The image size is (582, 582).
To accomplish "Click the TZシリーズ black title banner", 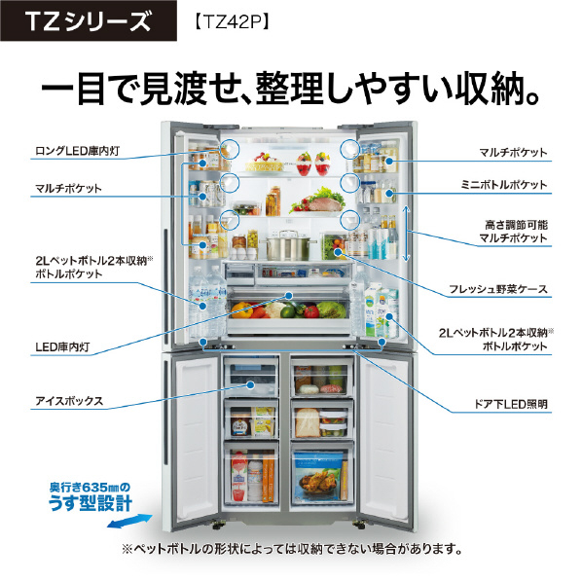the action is tap(89, 20).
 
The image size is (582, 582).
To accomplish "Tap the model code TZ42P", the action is tap(231, 22).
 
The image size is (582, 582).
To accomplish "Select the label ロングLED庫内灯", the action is tap(77, 151).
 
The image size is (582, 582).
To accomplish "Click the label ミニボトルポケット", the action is tap(504, 185).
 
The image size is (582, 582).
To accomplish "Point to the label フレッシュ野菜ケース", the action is tap(497, 289).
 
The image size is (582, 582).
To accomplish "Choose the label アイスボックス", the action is tap(69, 401).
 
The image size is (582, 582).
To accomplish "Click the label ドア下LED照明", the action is tap(511, 404).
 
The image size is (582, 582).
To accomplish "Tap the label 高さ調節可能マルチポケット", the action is tap(513, 232).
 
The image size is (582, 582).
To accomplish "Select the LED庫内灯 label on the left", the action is tap(62, 347).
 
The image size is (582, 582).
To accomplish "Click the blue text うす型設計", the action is tap(91, 503).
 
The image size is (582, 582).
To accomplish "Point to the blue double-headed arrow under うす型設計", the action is tap(129, 521).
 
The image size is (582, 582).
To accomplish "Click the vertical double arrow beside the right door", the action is tap(406, 234).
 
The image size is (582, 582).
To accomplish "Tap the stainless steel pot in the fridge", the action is tap(288, 245).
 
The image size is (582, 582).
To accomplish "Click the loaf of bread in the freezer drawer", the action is tap(307, 423).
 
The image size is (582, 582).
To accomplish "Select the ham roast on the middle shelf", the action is tap(321, 203).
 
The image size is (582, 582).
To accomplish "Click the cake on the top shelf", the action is tap(265, 163).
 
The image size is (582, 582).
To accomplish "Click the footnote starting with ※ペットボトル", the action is tap(292, 549).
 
